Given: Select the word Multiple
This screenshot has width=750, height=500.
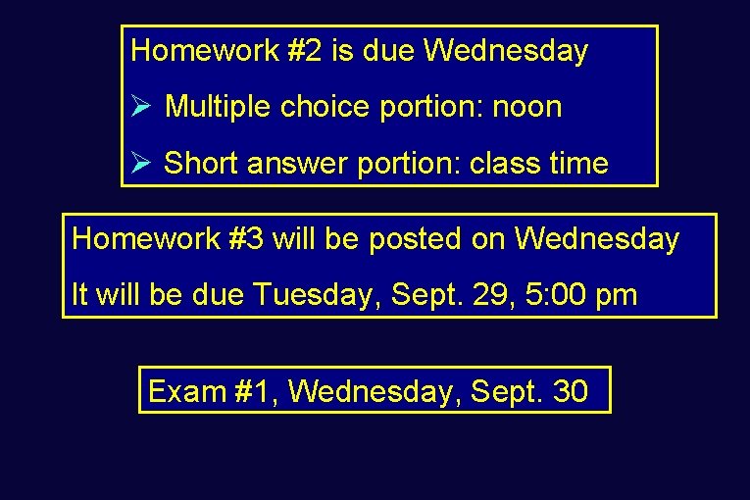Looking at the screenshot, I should [219, 107].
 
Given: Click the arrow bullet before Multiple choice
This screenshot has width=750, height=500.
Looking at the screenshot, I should [139, 106].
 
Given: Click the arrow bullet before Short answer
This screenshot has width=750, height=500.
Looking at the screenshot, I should [139, 163].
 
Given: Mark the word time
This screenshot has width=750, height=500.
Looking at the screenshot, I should [578, 164].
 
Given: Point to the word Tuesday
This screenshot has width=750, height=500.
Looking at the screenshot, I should [318, 294].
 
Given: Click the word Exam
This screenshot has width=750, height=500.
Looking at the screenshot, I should [187, 391].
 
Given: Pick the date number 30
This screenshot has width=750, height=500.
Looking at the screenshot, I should [571, 391].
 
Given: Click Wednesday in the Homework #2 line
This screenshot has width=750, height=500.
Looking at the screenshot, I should [505, 51].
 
